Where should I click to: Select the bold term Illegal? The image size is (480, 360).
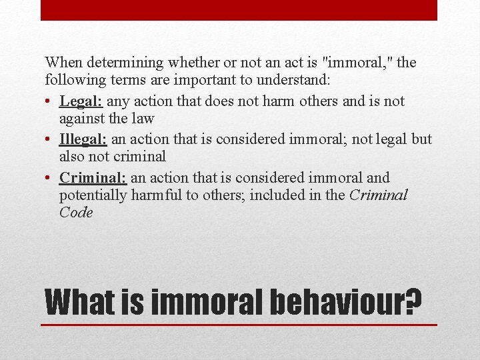(x=83, y=140)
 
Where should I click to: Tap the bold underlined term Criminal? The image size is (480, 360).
(x=93, y=178)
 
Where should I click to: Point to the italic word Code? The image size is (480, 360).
(x=75, y=213)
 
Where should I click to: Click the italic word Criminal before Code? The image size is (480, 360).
(x=377, y=195)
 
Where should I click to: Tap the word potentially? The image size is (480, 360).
(x=94, y=195)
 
